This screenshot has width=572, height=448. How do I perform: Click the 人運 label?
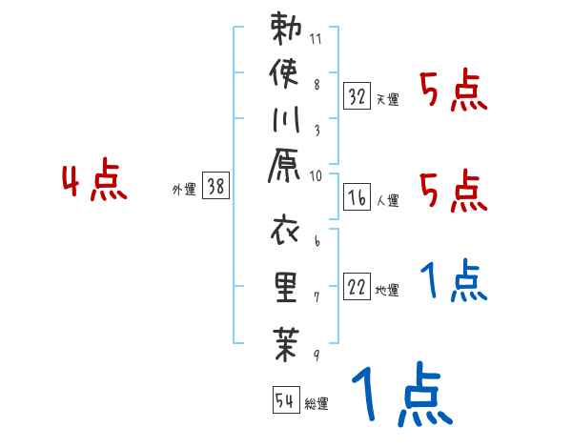tap(387, 200)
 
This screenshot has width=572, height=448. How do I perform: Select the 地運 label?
tap(387, 291)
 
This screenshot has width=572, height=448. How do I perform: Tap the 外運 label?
tap(184, 190)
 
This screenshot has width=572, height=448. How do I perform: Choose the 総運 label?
tap(317, 404)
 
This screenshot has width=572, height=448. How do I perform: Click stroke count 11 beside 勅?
tap(317, 40)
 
